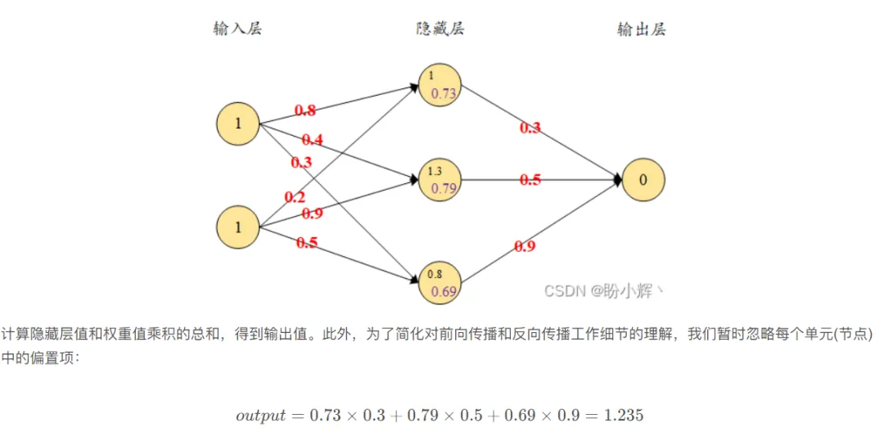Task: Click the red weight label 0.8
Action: (x=305, y=110)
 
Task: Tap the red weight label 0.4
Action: (x=312, y=140)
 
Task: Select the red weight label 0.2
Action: (x=295, y=197)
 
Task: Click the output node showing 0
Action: (x=643, y=181)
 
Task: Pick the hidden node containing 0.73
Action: (x=440, y=85)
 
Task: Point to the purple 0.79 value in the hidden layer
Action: (x=444, y=189)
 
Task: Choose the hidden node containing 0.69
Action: (x=440, y=282)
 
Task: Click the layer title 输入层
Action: (x=237, y=29)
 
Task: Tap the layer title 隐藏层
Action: (x=440, y=29)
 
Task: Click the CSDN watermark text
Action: (x=604, y=290)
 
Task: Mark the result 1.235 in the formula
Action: (x=624, y=416)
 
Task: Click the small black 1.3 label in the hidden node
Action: (x=435, y=171)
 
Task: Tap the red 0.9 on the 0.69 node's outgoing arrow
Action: (x=525, y=245)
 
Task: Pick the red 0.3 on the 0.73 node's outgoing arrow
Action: (x=530, y=128)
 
